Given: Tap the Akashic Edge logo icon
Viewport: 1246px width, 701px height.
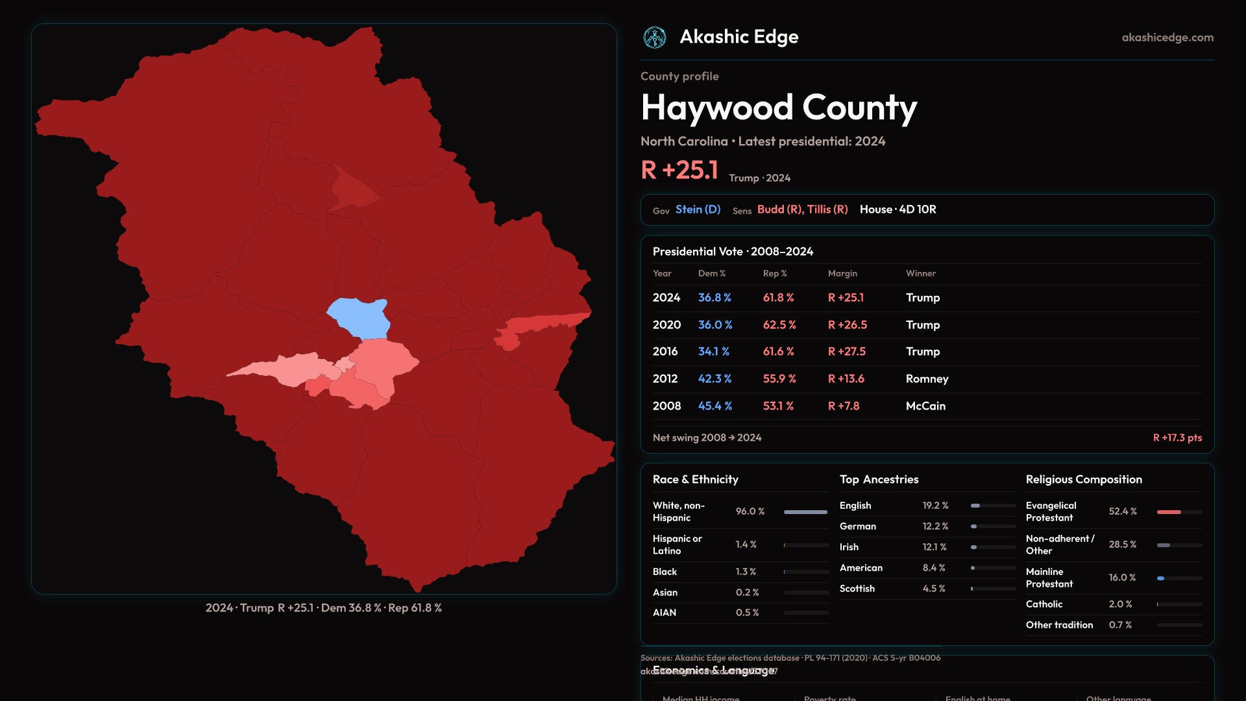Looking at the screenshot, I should click(654, 38).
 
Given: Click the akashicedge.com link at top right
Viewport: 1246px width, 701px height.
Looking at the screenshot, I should click(1167, 38).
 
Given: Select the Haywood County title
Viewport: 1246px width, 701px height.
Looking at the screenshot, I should click(779, 108).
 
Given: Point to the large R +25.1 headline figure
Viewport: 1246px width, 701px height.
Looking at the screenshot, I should click(679, 170).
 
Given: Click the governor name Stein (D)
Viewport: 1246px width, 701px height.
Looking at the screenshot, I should click(698, 210).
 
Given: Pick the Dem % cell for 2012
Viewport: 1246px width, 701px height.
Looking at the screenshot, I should click(715, 379).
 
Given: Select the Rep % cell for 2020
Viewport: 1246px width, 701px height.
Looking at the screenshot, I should click(779, 325).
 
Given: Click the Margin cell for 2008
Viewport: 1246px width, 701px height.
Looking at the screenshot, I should click(844, 406).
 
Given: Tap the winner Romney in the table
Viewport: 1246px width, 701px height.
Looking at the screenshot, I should click(927, 379).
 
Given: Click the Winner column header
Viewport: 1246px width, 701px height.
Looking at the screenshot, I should click(921, 274).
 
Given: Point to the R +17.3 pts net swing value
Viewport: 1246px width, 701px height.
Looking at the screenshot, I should click(1177, 438).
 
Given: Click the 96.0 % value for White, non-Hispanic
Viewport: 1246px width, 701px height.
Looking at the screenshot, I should click(750, 511).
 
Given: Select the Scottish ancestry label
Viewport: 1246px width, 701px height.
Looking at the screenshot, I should click(857, 589).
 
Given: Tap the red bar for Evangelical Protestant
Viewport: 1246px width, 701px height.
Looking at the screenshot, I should click(1169, 512).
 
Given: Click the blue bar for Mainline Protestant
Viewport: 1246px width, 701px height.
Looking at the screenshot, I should click(1160, 578).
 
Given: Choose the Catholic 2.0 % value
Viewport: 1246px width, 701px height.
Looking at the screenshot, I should click(1120, 604).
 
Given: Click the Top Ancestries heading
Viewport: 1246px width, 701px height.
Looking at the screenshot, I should click(879, 480).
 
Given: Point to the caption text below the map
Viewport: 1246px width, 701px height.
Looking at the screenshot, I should click(324, 608).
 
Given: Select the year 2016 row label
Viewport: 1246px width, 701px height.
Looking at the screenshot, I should click(665, 352).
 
